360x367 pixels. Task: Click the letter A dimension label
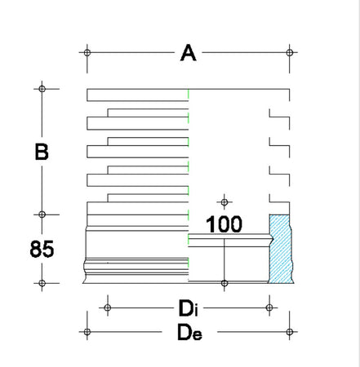189,54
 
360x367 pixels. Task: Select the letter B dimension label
42,152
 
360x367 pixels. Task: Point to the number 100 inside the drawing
223,224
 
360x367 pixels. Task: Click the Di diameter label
189,308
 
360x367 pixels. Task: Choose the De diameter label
189,333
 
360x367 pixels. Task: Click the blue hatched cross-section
281,250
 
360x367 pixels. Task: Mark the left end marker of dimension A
87,53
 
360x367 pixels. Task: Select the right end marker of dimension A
291,53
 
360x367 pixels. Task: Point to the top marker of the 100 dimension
224,201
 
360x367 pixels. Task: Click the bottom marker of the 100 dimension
224,283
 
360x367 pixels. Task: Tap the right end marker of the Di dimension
270,307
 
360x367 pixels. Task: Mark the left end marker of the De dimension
87,332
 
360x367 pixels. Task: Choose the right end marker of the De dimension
291,332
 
